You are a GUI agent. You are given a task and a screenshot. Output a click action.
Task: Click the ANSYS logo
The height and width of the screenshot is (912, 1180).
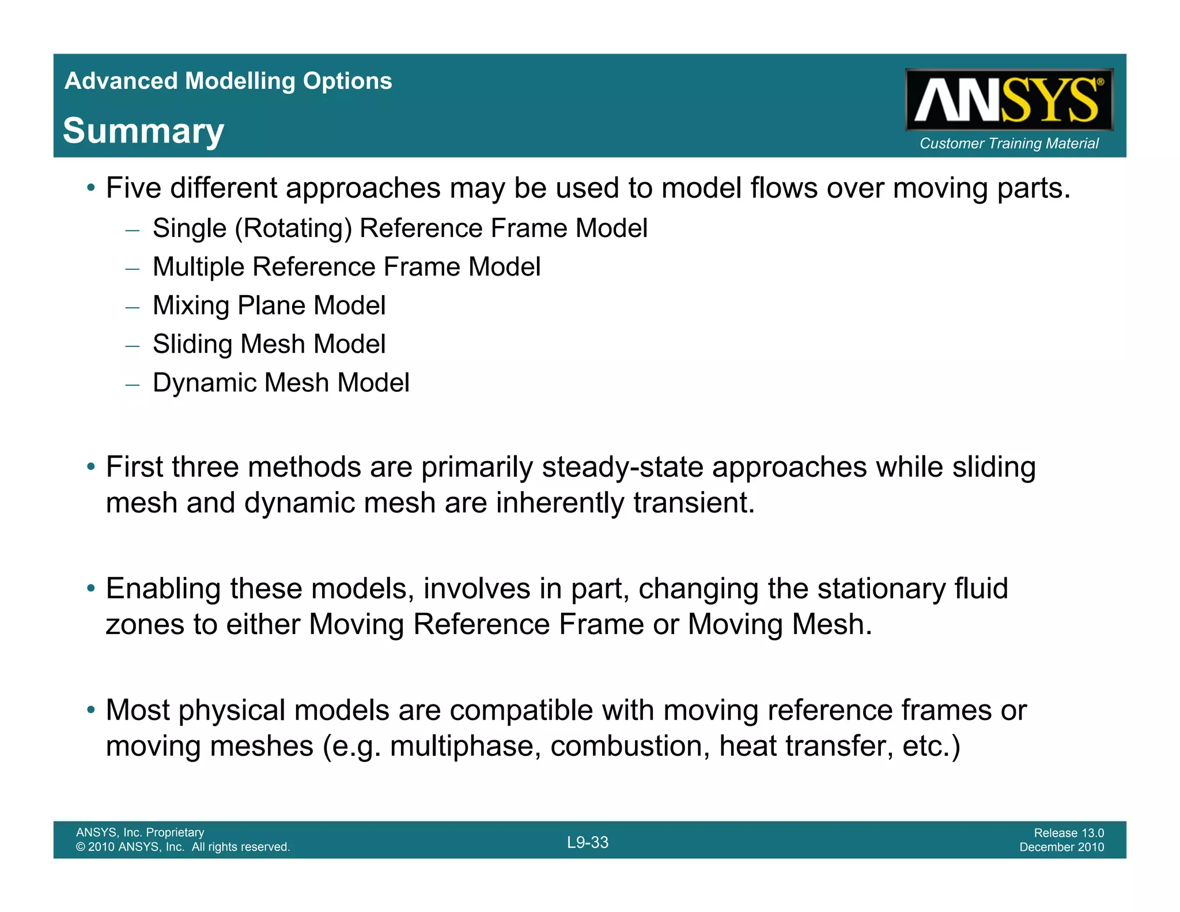pos(1008,100)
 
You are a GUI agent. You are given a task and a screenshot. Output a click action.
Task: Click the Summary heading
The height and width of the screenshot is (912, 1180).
pos(143,131)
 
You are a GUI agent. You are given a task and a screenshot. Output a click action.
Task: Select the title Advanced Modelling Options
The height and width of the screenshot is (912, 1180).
pos(228,81)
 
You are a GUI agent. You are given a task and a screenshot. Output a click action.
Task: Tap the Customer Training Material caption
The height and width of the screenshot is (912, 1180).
pos(1008,144)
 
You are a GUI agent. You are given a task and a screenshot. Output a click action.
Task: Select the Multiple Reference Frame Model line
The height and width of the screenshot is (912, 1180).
pos(346,267)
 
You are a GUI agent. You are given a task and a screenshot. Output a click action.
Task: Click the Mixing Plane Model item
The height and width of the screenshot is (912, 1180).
pos(268,306)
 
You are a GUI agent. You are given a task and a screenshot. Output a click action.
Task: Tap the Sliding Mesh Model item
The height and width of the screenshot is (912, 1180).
pos(268,344)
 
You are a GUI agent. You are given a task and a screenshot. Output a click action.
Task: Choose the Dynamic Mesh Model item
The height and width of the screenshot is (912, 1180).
pos(281,383)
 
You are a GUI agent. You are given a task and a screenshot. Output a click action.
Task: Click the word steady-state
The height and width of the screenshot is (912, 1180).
pos(622,468)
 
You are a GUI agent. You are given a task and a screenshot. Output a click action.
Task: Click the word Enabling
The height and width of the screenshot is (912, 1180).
pos(163,589)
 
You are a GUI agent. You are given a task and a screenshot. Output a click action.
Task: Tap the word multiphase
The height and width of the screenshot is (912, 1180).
pos(465,747)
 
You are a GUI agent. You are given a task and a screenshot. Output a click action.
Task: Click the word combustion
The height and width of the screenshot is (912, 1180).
pos(630,747)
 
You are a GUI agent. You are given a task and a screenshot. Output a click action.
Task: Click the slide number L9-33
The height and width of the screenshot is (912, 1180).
pos(587,843)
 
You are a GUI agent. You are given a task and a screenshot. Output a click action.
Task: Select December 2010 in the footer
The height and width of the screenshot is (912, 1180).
pos(1061,847)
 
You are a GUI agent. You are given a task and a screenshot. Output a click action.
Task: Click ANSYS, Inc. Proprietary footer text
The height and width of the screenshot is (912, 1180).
pos(140,832)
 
